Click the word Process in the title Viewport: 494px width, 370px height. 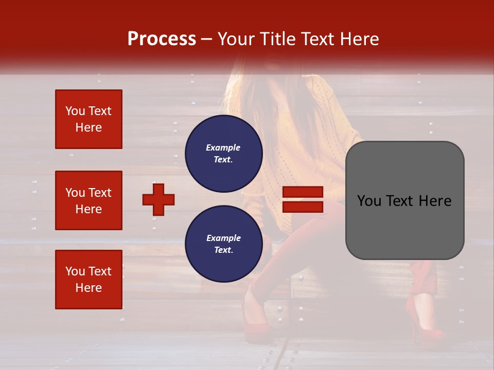[x=162, y=39]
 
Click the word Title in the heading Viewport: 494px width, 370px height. [x=277, y=39]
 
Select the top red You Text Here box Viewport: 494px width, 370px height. [x=89, y=119]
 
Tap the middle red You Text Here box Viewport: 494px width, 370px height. [x=89, y=200]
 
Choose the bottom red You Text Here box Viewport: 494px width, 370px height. [x=89, y=280]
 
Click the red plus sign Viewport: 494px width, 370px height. [x=158, y=199]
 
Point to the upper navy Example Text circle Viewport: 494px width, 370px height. [x=223, y=154]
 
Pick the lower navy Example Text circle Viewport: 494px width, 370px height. [x=223, y=244]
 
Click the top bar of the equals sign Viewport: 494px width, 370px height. [x=303, y=192]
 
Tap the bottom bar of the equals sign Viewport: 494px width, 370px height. [x=303, y=207]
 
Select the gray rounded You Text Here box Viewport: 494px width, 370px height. [x=404, y=200]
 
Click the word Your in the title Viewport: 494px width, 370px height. [x=236, y=39]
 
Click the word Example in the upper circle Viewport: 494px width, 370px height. [x=223, y=147]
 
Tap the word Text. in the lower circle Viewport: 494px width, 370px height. [x=223, y=250]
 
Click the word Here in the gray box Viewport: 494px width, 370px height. [x=435, y=201]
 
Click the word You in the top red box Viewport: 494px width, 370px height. [x=75, y=112]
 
